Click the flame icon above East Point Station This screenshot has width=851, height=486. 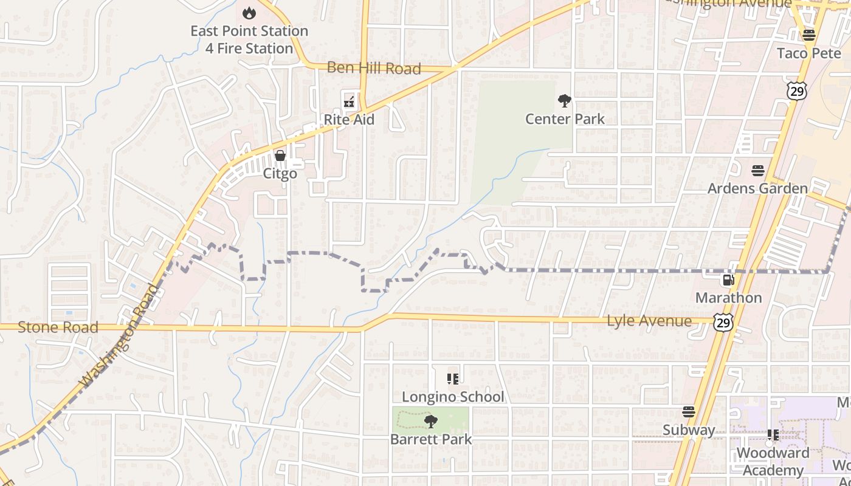click(x=249, y=13)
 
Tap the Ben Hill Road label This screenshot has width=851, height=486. click(x=374, y=68)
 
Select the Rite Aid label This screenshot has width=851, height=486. click(x=349, y=120)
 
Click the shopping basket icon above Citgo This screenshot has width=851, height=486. click(x=280, y=156)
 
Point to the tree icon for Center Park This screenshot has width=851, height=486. click(x=565, y=101)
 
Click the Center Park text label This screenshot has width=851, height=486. click(x=565, y=118)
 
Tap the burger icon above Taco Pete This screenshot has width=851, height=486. click(x=808, y=35)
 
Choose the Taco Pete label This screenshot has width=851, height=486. click(x=809, y=53)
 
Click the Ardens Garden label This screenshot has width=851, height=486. click(x=757, y=188)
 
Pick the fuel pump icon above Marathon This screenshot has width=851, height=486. click(x=728, y=280)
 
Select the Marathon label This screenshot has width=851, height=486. click(x=728, y=298)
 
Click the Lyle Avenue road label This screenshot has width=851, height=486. click(x=649, y=320)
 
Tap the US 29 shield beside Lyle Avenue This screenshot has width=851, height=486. click(x=723, y=322)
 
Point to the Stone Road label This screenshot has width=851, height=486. click(x=58, y=327)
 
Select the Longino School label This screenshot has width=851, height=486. click(x=453, y=397)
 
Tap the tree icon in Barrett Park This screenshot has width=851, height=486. click(x=431, y=421)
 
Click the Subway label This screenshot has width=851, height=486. click(x=689, y=430)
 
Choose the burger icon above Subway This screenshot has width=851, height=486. click(x=689, y=412)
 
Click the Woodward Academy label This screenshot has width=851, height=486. click(x=773, y=461)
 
